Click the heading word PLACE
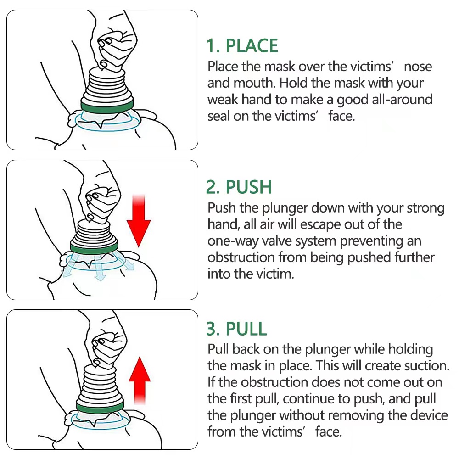(x=252, y=46)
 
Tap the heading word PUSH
(x=249, y=187)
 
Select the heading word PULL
(x=246, y=329)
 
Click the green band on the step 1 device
(x=107, y=106)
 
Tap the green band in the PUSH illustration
(x=93, y=247)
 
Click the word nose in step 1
(x=418, y=66)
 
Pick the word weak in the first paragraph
(x=223, y=100)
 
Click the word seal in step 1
(x=218, y=116)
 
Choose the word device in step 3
(x=425, y=415)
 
